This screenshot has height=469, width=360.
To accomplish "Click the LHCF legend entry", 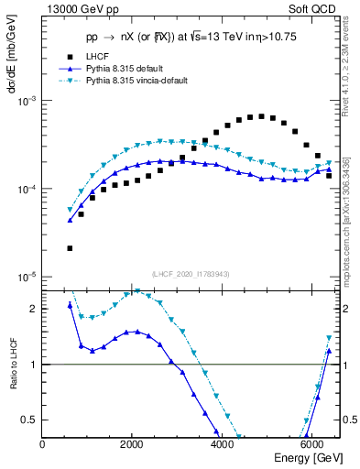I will [x=98, y=56].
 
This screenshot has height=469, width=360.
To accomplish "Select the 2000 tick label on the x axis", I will [x=132, y=443].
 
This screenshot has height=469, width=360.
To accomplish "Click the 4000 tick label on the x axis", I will [x=221, y=443].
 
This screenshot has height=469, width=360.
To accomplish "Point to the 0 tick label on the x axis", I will [x=43, y=443].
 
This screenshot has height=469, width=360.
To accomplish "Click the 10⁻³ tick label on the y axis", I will [x=28, y=101].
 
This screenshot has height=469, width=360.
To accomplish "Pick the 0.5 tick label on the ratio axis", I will [x=30, y=420].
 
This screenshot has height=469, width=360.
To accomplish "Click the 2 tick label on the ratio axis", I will [x=34, y=309].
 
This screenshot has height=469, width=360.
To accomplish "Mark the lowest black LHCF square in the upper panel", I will [x=70, y=248].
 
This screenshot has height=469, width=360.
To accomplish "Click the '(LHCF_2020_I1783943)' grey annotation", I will [x=190, y=274].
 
